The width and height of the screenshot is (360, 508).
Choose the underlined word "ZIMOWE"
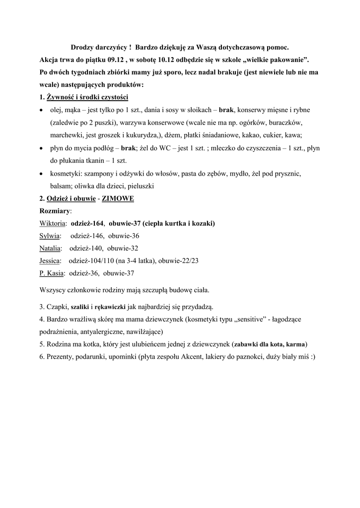pyautogui.click(x=118, y=198)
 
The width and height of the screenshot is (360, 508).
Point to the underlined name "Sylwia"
pyautogui.click(x=50, y=236)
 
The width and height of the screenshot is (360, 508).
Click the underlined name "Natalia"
pyautogui.click(x=50, y=248)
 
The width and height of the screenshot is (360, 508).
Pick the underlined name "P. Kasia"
pyautogui.click(x=52, y=273)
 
